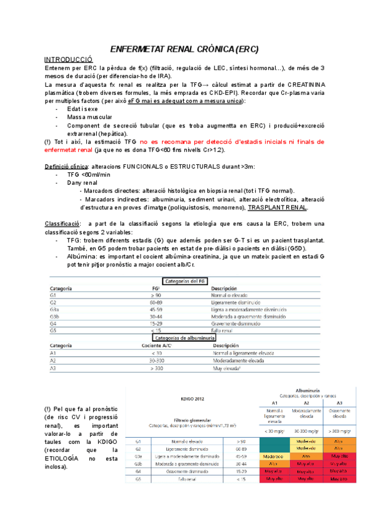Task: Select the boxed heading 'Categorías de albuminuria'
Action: coord(184,338)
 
